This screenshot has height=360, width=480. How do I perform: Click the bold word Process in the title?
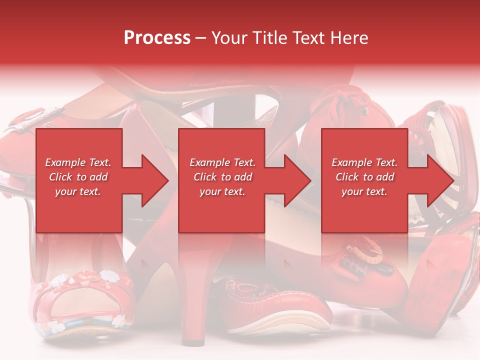pos(157,37)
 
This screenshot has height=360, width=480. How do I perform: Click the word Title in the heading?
pos(270,37)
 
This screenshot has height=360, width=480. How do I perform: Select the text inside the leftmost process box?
pos(78,177)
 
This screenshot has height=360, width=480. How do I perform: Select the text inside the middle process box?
pos(222,177)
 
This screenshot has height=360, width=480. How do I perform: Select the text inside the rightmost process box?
pos(364,177)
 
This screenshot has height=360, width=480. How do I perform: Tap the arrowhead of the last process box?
pos(440,180)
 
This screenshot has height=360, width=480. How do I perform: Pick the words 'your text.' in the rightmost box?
pos(364,191)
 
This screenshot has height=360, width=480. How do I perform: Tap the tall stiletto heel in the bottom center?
pos(188,300)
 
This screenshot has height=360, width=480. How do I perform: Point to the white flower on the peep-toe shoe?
pos(108,275)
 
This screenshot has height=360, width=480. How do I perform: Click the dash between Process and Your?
pos(201,37)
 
